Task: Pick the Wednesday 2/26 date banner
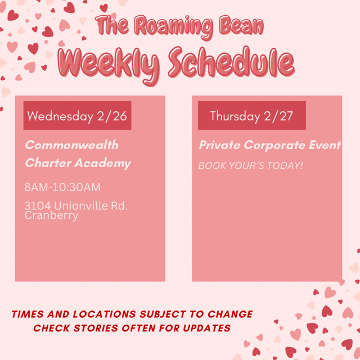click(77, 116)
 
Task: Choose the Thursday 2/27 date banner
click(251, 116)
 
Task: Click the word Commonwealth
click(71, 145)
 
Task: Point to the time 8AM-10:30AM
click(62, 187)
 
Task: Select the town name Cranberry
click(51, 215)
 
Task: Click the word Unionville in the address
click(80, 206)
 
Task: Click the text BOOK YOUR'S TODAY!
click(250, 166)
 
